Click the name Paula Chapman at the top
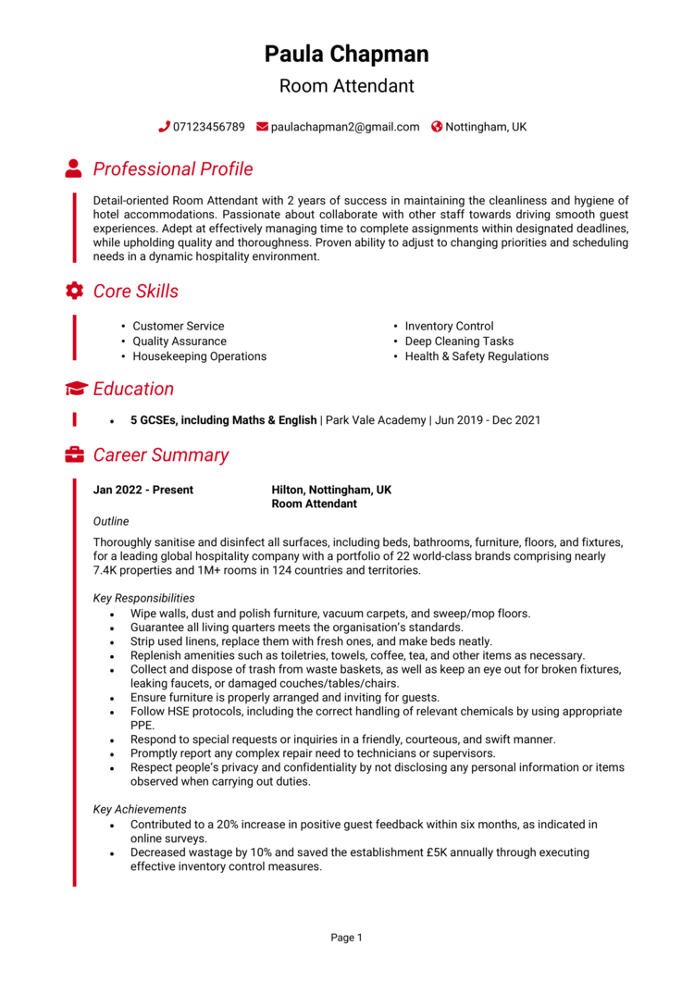[346, 54]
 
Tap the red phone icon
[164, 127]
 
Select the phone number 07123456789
[208, 127]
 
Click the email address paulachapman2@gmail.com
[344, 127]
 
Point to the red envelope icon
[262, 127]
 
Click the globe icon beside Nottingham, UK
[437, 127]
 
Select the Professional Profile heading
[172, 169]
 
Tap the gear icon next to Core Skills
[74, 291]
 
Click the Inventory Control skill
[449, 326]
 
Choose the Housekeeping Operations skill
[199, 356]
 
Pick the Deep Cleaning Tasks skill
[459, 342]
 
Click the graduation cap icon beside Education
[76, 389]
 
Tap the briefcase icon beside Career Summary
[74, 454]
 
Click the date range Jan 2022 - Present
[143, 490]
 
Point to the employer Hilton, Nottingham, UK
[331, 490]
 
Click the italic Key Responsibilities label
[143, 598]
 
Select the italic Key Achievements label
[140, 809]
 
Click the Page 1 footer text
[346, 938]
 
